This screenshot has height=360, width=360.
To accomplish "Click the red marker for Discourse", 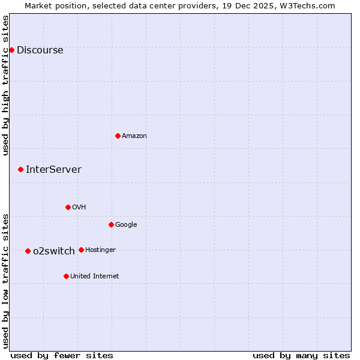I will pos(11,50).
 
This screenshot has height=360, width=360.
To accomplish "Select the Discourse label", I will pos(40,50).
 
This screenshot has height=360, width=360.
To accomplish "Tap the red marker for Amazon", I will pos(118,136).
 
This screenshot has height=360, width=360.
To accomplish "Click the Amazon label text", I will pos(134,136).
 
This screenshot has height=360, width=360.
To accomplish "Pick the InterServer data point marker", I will pos(20,169).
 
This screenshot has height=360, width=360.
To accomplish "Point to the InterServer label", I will pos(53,170).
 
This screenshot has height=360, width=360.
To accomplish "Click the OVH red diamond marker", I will pos(68,207).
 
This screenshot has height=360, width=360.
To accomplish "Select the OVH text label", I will pos(79,208).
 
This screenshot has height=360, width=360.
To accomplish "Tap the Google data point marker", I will pos(111,224).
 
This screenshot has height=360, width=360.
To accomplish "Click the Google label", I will pos(126,225).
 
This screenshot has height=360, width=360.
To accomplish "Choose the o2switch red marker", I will pos(28,251).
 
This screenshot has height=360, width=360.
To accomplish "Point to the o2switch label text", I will pos(54,251).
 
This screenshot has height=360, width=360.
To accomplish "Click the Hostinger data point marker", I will pos(81,250).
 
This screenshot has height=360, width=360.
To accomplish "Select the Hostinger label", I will pos(100,250).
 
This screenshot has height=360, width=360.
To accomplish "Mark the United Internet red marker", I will pos(66,276).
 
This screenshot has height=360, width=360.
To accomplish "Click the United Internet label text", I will pos(95,277).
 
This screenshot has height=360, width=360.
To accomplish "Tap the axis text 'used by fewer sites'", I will pos(62,356).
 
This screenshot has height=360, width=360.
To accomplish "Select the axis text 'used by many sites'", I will pos(301,356).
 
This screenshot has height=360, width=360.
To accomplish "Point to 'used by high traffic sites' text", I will pos(6,85).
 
